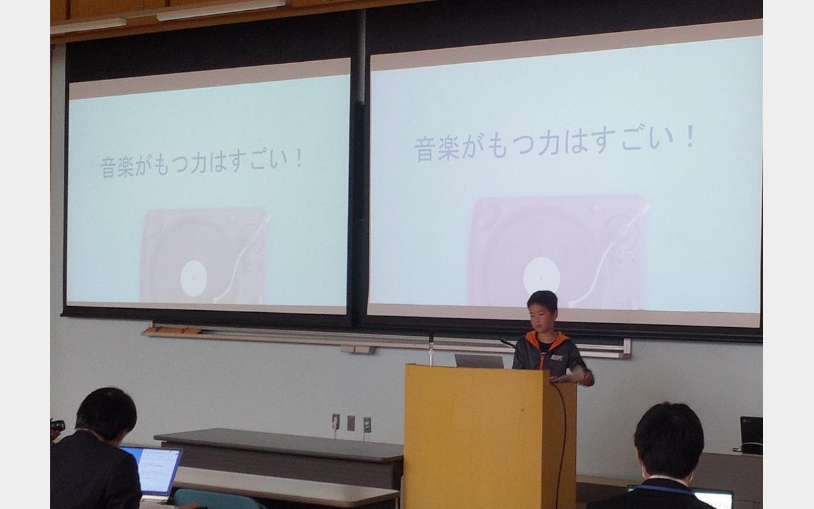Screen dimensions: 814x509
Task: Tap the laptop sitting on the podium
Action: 479,360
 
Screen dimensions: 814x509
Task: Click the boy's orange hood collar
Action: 546,339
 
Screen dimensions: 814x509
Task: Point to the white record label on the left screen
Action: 194,278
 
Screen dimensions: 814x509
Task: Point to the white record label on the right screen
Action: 541,276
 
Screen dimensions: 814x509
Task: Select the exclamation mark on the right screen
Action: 690,136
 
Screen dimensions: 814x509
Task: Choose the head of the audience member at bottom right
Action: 669,439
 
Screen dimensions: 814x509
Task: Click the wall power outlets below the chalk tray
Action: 351,422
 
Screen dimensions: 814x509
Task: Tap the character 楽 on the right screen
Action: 448,149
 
